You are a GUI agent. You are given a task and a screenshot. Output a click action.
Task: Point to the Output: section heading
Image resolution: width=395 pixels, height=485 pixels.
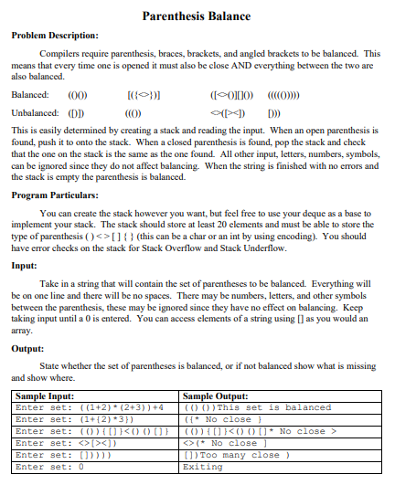[x=27, y=348]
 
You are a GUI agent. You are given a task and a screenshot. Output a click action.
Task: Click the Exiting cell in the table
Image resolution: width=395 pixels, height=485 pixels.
[x=203, y=467]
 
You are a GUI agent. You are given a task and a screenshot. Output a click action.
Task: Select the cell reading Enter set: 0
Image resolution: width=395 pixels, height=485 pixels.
[x=50, y=467]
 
